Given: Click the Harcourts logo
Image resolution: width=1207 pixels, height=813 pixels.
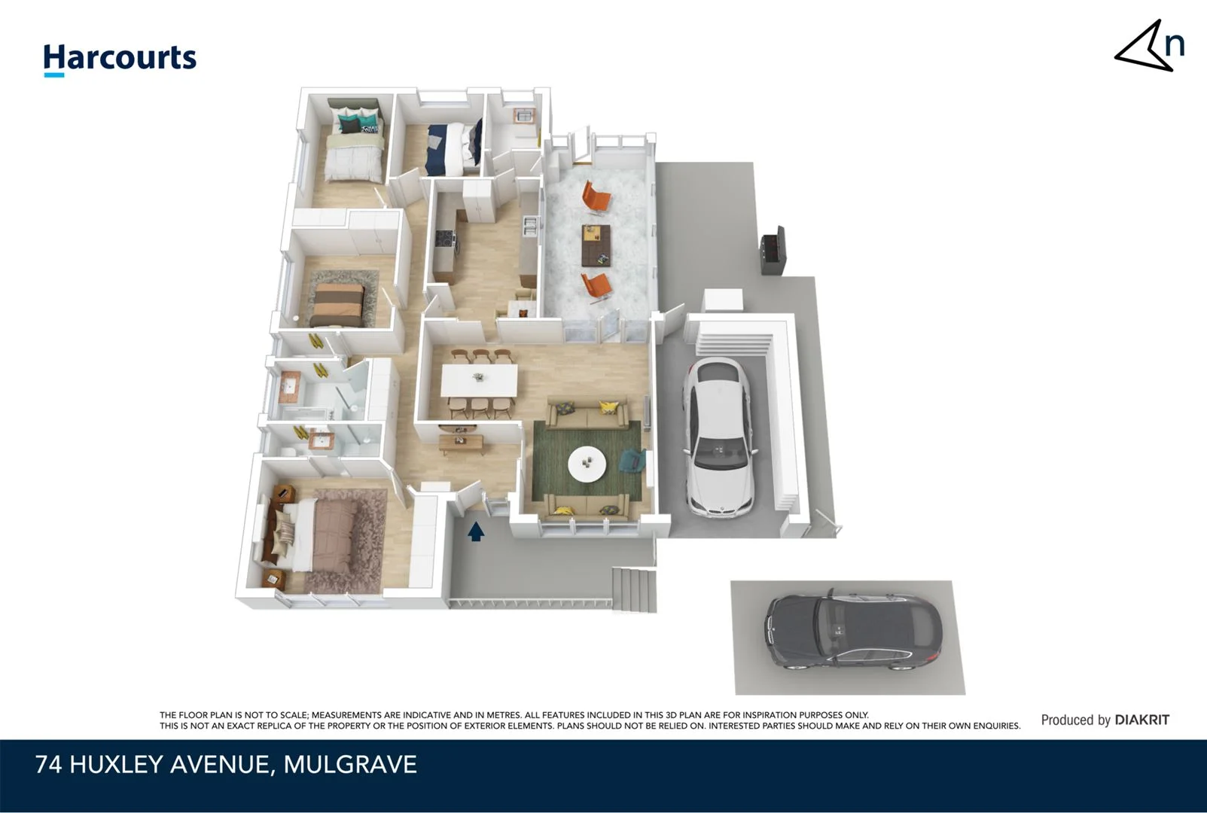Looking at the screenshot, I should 120,59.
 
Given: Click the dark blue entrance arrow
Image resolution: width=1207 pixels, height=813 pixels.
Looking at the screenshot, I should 476,532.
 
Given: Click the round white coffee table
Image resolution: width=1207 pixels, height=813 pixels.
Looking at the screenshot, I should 587,464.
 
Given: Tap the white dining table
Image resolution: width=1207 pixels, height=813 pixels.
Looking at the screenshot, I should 479,380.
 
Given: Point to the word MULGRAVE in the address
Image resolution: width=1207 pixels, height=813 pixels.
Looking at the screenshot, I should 350,765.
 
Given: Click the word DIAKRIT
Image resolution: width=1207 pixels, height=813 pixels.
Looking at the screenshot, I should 1141,720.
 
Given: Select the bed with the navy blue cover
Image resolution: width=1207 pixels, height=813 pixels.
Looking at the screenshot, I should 453,148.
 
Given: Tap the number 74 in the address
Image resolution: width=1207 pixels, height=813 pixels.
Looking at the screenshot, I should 49,765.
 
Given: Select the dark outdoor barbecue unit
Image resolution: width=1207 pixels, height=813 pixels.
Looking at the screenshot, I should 773,251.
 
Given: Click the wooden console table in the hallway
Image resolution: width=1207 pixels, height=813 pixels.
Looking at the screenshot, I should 462,444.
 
